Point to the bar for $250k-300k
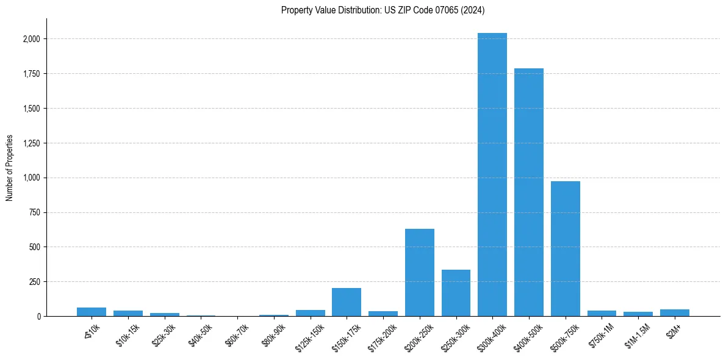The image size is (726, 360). coord(456,293)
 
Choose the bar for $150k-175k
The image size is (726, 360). coord(347,302)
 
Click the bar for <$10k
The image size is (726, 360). coord(92,312)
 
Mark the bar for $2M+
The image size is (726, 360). coord(675,312)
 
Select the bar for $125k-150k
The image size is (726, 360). coord(311,313)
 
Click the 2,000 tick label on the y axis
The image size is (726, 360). coord(32,39)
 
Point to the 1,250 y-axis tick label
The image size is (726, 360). coord(32,143)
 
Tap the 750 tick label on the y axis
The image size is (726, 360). coord(35,213)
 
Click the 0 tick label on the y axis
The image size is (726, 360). coord(38,317)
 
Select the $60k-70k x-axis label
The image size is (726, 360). coord(238,334)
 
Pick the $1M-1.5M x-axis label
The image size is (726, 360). coord(638,334)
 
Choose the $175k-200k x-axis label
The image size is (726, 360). coord(383,336)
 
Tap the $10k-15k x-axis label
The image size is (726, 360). coord(128,334)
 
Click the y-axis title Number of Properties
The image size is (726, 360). coord(9,168)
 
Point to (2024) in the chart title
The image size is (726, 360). coord(473,10)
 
